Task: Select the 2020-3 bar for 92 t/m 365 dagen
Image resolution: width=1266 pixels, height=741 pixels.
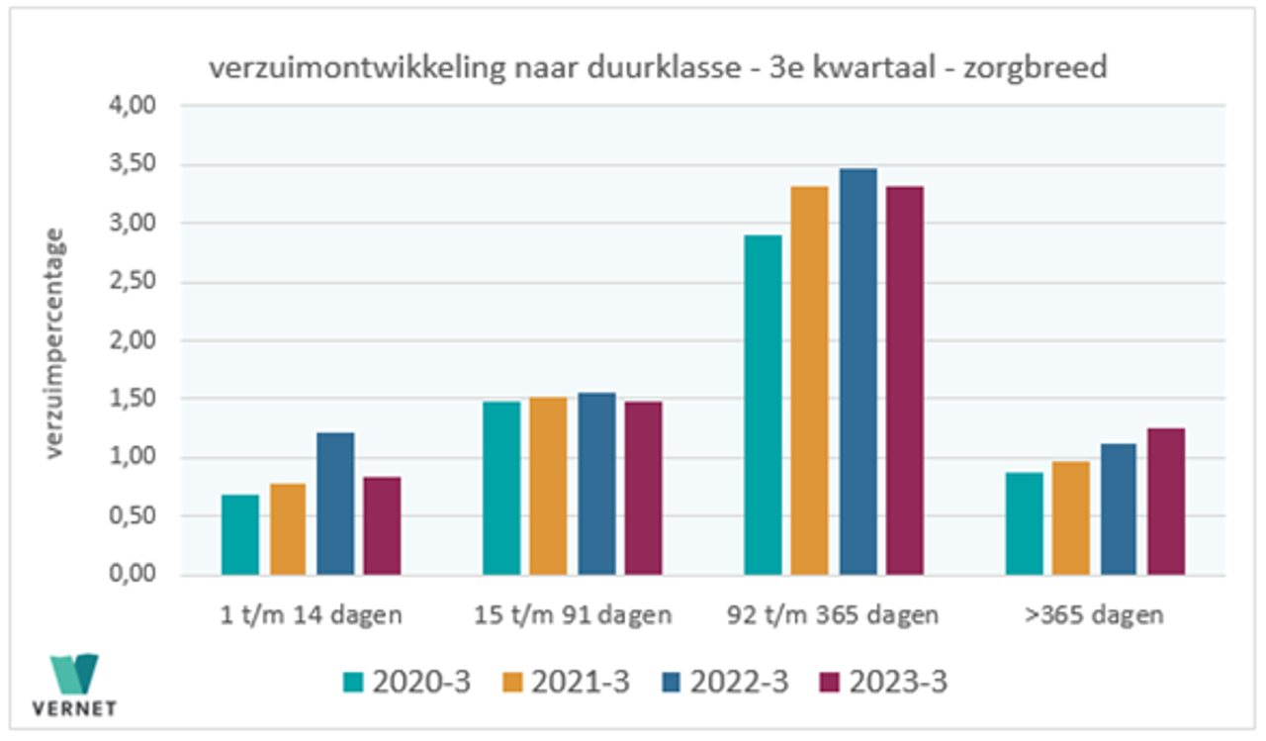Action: (x=763, y=405)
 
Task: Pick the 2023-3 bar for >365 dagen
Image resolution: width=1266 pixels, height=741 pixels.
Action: (x=1166, y=502)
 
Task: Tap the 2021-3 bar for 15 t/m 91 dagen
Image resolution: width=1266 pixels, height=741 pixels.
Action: (x=548, y=486)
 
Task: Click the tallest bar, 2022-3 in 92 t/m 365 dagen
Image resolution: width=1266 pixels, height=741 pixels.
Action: (x=859, y=371)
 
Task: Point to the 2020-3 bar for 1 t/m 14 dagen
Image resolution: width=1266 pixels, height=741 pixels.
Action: (x=240, y=534)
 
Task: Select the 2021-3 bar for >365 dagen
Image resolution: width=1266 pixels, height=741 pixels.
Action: (x=1070, y=517)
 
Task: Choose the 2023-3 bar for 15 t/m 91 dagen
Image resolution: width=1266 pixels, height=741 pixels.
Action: (x=644, y=488)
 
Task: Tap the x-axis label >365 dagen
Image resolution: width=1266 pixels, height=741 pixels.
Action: (x=1094, y=615)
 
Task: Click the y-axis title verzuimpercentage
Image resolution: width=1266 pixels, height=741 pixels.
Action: (x=55, y=342)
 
